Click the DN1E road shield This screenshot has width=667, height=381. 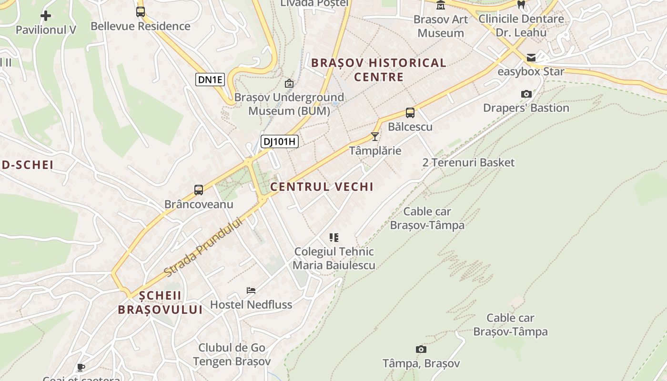pos(210,80)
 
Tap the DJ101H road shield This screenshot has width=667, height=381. pos(279,141)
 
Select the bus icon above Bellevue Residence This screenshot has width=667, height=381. pos(140,12)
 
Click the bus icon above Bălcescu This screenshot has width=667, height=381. pos(410,113)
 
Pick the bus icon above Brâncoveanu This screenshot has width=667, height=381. pos(199,190)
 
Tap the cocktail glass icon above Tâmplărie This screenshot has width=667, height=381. pos(375,137)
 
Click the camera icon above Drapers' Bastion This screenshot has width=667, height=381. pos(526,94)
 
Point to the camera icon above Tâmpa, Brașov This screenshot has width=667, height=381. pos(421,350)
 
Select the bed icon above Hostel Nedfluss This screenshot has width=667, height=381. pos(251,290)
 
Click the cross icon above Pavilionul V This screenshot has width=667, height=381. pos(46,16)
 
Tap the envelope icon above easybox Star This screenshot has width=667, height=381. pos(531,58)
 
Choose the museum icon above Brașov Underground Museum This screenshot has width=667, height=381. pos(289,83)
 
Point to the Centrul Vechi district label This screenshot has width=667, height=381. pos(322,187)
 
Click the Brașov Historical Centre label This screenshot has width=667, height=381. pos(379,70)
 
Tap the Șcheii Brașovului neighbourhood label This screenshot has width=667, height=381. pos(160,302)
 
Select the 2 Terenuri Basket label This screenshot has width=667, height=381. pos(468,162)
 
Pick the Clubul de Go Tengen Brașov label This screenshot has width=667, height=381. pos(232,354)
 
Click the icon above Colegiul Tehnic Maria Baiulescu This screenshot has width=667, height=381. pos(334,237)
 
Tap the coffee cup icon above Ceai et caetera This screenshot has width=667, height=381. pos(81,367)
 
